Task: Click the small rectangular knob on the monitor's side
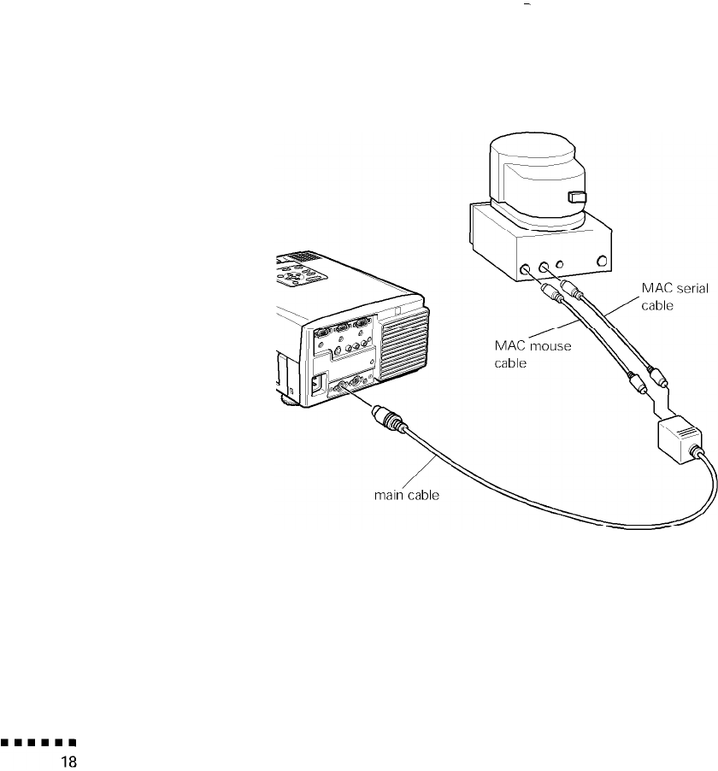(578, 198)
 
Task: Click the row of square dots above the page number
(39, 743)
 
